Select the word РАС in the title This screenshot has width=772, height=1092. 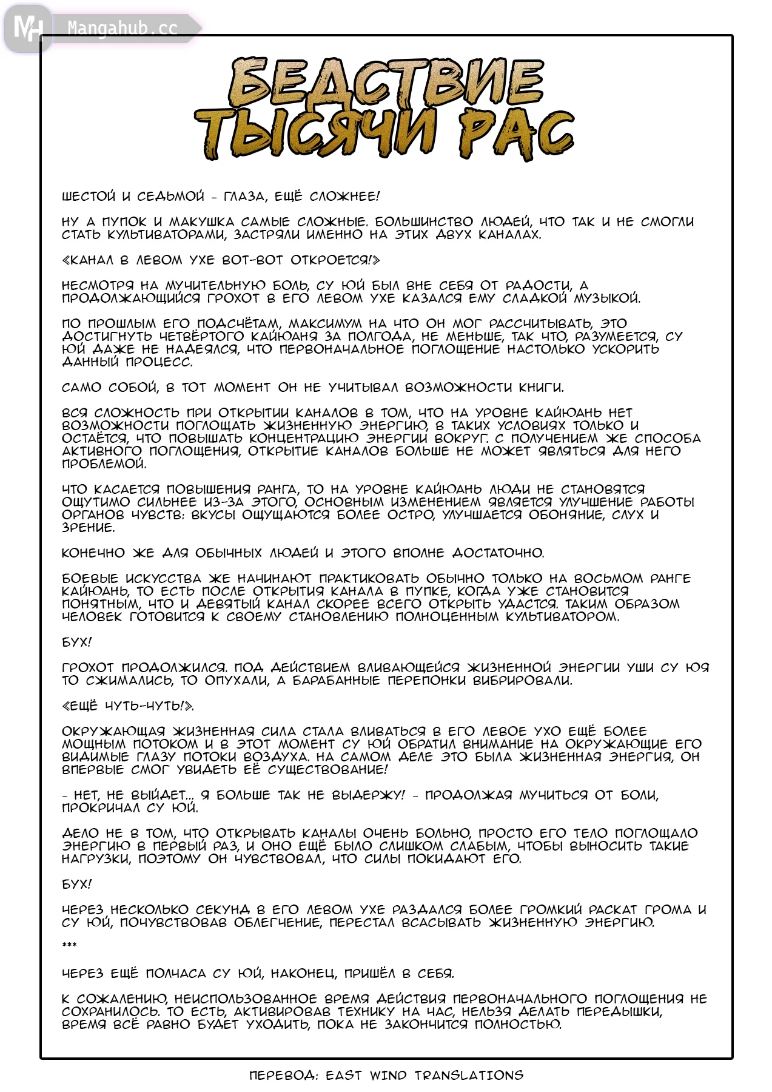515,135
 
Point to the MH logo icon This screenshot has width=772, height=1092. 28,28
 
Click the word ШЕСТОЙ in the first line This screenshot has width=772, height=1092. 89,197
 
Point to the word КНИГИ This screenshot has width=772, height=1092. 541,388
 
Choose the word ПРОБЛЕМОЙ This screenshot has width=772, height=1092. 104,464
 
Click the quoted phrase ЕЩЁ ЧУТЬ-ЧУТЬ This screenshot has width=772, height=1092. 128,706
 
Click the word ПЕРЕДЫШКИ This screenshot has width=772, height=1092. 619,1012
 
